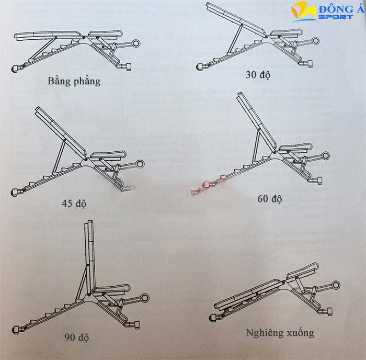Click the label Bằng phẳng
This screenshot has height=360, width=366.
coord(74,81)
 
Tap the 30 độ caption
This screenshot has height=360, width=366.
coord(258,75)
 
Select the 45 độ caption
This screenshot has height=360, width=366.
coord(73,204)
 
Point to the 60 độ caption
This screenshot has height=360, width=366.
coord(270,199)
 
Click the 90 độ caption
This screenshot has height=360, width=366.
coord(77,337)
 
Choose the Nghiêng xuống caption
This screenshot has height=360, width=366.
coord(280,333)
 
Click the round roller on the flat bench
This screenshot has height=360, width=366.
coord(136,44)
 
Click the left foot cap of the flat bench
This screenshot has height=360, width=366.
coord(16,68)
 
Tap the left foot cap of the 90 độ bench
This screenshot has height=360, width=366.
coord(16,329)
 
